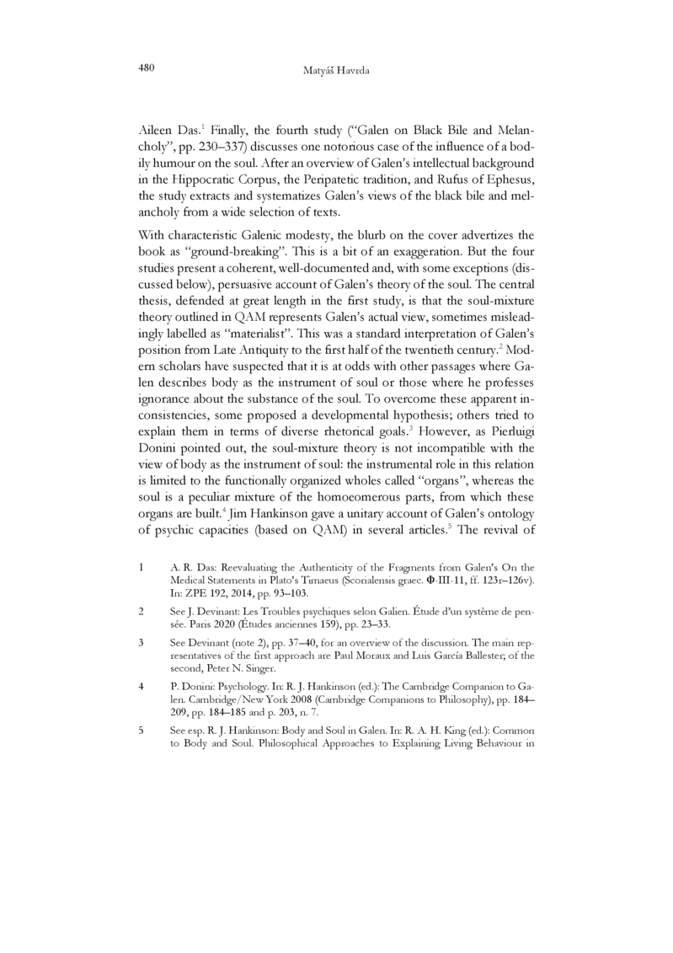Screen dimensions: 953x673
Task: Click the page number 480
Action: (x=148, y=67)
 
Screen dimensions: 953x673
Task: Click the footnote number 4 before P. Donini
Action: (x=140, y=686)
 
